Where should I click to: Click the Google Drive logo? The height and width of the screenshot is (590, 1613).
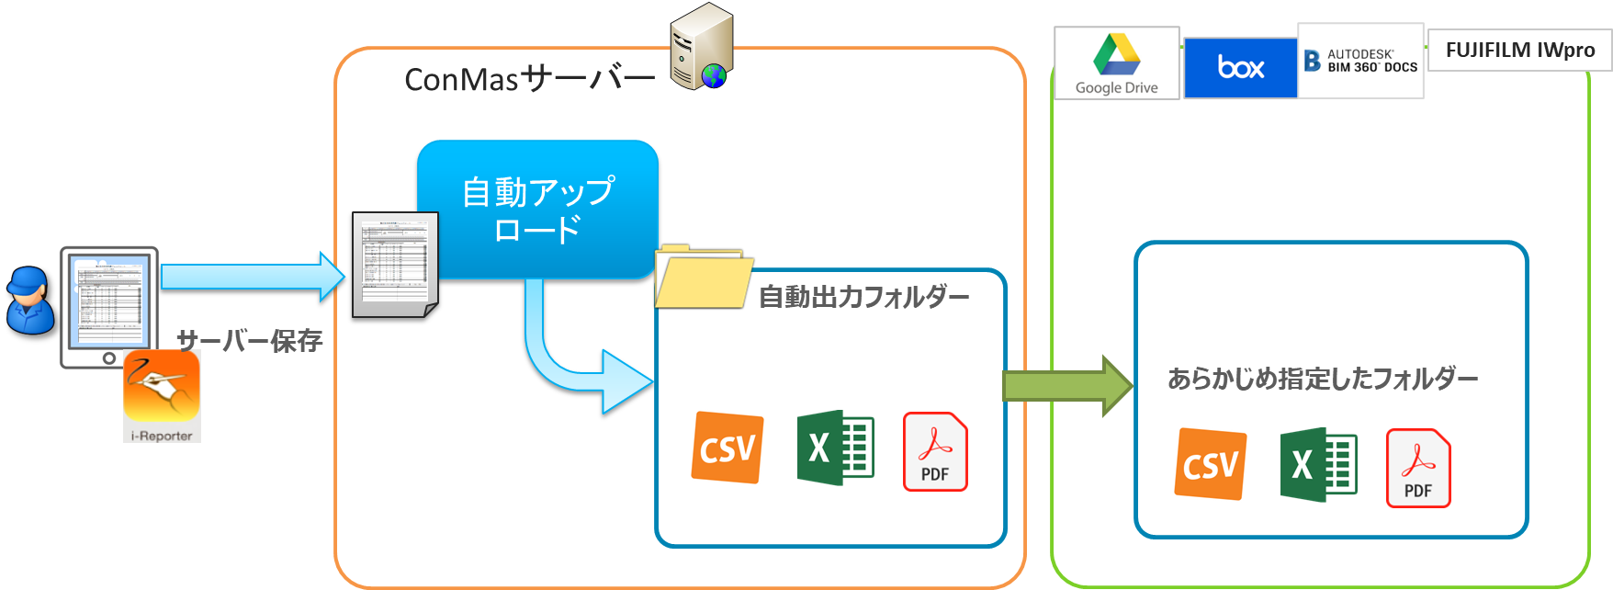1116,62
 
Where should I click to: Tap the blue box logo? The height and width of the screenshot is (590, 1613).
1240,67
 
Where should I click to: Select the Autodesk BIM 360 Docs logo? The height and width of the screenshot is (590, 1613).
1360,61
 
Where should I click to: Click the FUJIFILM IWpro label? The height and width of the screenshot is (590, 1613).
1519,50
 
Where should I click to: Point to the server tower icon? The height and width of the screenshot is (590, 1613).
701,46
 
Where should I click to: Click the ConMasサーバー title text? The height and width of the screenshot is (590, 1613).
529,79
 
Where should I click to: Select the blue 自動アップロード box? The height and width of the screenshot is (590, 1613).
538,209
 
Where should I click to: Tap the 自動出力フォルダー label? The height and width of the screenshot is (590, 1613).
863,297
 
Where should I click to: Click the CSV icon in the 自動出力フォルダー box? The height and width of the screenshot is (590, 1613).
728,448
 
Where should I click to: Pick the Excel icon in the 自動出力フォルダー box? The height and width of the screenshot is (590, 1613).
835,448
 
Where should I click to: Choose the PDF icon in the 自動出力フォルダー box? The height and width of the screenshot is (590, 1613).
935,451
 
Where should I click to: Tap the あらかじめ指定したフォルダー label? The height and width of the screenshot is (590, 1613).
1322,379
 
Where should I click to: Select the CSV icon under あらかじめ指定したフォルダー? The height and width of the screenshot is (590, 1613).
1211,464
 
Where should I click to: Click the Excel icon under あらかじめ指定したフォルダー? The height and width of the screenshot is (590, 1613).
1318,464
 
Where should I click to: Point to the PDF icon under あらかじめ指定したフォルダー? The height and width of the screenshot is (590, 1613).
1417,468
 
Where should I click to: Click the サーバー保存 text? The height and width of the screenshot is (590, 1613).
250,341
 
